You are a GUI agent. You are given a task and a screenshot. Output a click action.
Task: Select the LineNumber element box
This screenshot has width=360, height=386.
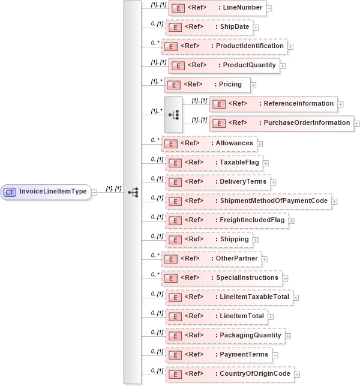pyautogui.click(x=217, y=8)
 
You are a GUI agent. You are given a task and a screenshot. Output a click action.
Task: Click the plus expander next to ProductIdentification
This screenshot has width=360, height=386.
pyautogui.click(x=290, y=46)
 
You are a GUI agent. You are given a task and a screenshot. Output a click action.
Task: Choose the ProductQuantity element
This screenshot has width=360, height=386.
pyautogui.click(x=223, y=65)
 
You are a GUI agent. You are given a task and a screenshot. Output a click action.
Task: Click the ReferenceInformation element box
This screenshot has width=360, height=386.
pyautogui.click(x=273, y=104)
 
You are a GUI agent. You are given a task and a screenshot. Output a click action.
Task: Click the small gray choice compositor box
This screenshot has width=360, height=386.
pyautogui.click(x=174, y=113)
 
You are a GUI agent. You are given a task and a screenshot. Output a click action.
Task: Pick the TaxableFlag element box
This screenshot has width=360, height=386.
pyautogui.click(x=213, y=163)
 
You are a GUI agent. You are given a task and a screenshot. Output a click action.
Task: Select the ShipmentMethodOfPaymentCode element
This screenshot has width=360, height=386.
pyautogui.click(x=248, y=201)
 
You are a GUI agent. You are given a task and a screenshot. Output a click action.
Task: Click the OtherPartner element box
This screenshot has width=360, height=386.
pyautogui.click(x=212, y=259)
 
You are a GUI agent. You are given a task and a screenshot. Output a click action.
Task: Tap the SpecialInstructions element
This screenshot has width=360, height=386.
pyautogui.click(x=222, y=278)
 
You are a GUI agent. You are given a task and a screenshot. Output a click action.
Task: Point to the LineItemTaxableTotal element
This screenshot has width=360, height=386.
pyautogui.click(x=229, y=297)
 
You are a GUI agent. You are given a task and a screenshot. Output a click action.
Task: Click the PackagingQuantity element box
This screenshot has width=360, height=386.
pyautogui.click(x=224, y=336)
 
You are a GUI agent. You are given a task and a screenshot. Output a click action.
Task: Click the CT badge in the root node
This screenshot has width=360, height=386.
pyautogui.click(x=10, y=192)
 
